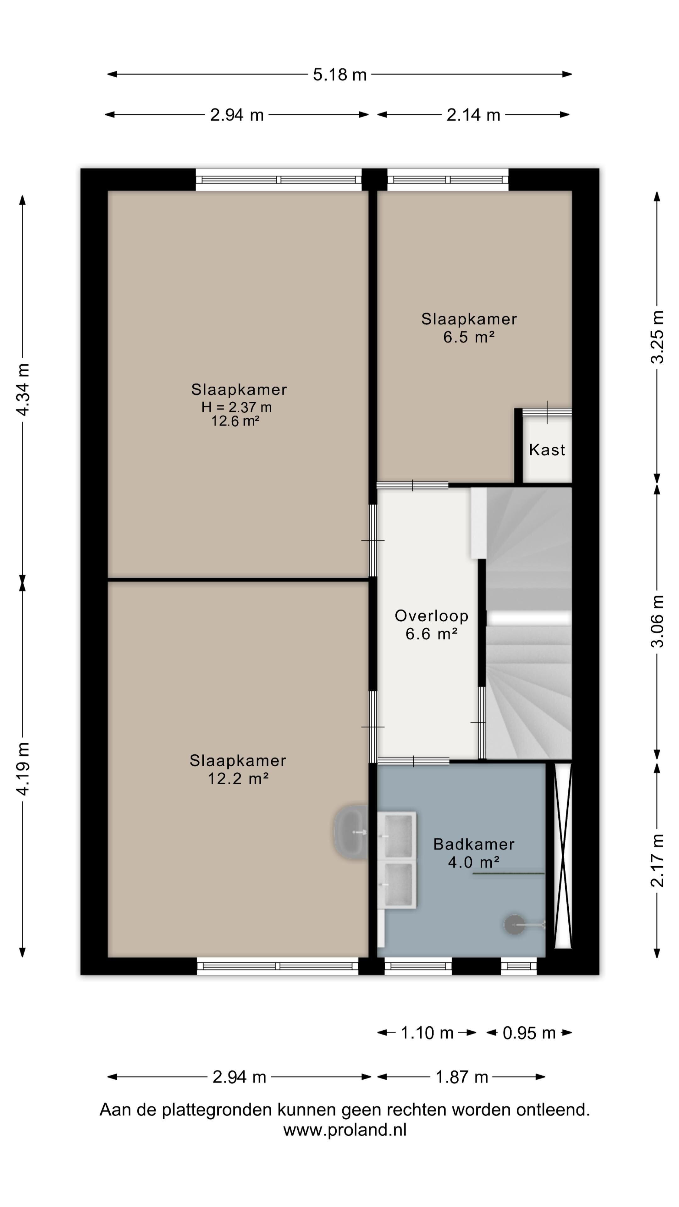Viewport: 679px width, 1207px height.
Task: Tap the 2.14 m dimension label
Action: click(x=473, y=115)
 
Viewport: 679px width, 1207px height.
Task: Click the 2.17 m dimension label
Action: click(x=657, y=860)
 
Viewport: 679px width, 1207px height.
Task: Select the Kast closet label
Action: click(x=547, y=450)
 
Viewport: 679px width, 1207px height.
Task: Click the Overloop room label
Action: click(x=431, y=616)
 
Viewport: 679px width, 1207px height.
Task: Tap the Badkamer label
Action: click(x=474, y=844)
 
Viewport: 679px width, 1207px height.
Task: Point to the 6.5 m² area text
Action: click(x=469, y=337)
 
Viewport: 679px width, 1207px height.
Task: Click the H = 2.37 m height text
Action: click(x=237, y=407)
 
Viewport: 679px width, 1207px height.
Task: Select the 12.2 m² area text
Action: click(x=238, y=778)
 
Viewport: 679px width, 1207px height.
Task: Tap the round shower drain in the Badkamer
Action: click(x=515, y=925)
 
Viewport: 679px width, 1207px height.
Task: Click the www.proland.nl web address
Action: click(x=345, y=1130)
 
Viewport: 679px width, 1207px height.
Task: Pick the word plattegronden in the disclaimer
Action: click(x=218, y=1110)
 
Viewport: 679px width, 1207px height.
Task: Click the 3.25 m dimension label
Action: click(x=657, y=337)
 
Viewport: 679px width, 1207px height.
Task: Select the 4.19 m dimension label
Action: click(x=23, y=769)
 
